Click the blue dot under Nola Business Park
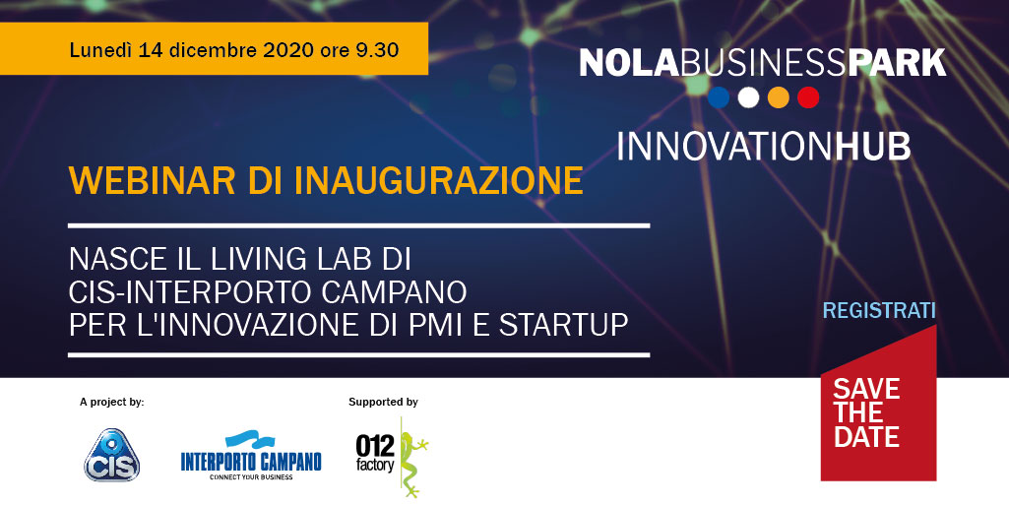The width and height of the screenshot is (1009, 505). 719,97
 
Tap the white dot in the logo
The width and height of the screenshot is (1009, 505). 748,97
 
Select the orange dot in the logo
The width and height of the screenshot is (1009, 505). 779,97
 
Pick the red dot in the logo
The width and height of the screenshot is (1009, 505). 808,97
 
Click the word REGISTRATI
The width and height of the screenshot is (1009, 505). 879,311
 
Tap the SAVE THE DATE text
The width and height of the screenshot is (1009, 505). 866,412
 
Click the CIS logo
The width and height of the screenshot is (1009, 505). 112,456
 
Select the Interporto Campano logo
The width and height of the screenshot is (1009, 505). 251,456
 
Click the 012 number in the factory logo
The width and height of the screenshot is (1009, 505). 374,445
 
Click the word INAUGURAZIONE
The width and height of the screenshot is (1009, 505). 439,181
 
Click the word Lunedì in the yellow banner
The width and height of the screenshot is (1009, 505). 99,49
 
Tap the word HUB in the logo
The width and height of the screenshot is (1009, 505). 872,146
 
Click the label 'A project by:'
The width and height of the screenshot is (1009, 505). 112,403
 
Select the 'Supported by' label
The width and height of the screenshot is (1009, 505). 384,403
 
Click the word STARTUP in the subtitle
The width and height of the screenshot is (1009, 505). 564,325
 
